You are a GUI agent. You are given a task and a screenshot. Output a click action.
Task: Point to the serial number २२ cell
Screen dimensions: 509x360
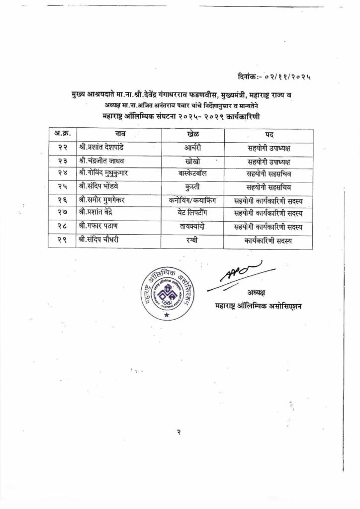[62, 148]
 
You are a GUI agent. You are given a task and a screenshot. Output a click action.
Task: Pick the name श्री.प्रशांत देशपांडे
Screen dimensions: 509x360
[103, 148]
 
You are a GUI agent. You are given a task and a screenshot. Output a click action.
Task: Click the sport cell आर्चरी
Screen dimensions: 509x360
[193, 148]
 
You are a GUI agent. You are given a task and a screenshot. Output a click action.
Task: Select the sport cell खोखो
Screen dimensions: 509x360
[193, 161]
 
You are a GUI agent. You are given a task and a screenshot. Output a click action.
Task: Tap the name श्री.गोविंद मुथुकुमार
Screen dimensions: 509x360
[105, 174]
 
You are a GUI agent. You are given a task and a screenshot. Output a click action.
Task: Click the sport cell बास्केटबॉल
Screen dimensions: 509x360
[193, 174]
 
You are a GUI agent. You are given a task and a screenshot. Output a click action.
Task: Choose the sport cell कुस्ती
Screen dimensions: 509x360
[193, 187]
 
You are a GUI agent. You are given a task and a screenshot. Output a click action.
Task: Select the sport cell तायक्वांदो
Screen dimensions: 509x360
[193, 227]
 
